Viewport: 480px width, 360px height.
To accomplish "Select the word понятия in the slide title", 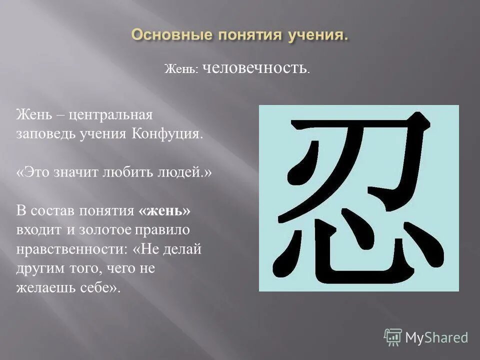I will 246,36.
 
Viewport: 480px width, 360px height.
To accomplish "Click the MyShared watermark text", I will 436,338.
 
